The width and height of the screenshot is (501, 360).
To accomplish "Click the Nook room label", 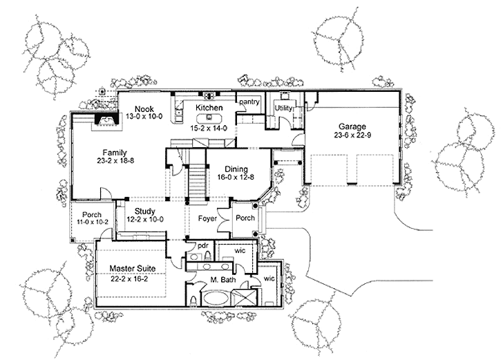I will point(144,108).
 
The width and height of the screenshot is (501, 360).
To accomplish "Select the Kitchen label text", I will point(208,108).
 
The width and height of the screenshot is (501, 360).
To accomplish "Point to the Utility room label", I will point(284,108).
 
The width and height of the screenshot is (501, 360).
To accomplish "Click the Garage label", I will point(352,126).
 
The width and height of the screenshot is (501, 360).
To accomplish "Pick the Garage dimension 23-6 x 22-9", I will point(352,135).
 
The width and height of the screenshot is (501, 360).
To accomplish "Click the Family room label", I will point(115,151).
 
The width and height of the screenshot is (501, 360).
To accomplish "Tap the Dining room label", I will point(237,167).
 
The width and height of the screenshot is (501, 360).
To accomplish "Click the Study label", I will point(145,211).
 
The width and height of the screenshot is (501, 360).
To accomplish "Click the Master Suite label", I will point(131,268).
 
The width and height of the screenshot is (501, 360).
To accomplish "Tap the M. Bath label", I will point(224,279).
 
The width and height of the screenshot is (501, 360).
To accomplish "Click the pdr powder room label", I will point(203,245).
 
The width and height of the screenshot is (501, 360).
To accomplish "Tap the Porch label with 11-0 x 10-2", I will point(92,215).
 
